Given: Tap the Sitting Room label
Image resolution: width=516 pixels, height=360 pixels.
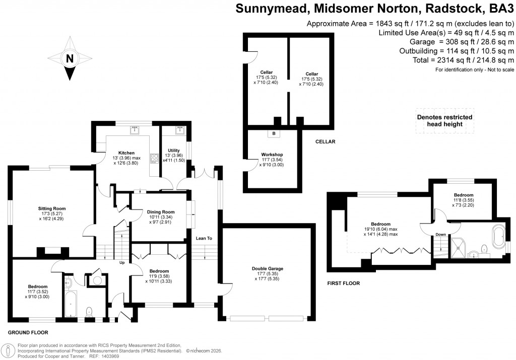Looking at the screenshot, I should [x=52, y=208].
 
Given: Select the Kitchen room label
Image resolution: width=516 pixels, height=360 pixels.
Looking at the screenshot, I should [x=126, y=153].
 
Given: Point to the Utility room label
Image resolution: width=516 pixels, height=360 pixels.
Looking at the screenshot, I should [x=174, y=150].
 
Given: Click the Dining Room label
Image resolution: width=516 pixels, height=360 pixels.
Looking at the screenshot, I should [x=161, y=212].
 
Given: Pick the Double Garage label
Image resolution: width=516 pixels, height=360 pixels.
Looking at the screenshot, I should [x=267, y=268].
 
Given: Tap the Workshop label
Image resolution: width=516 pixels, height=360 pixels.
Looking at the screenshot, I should [x=272, y=155].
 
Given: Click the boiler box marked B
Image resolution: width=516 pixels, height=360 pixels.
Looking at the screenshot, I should [x=274, y=133].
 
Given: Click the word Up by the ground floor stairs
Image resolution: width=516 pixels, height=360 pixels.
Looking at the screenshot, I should [x=122, y=262].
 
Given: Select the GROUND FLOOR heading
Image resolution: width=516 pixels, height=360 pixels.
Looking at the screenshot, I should [x=28, y=333].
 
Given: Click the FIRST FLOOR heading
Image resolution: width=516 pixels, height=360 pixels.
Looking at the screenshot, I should [x=344, y=283].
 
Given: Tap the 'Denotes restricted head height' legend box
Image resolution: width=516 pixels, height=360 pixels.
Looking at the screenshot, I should [x=444, y=121].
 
